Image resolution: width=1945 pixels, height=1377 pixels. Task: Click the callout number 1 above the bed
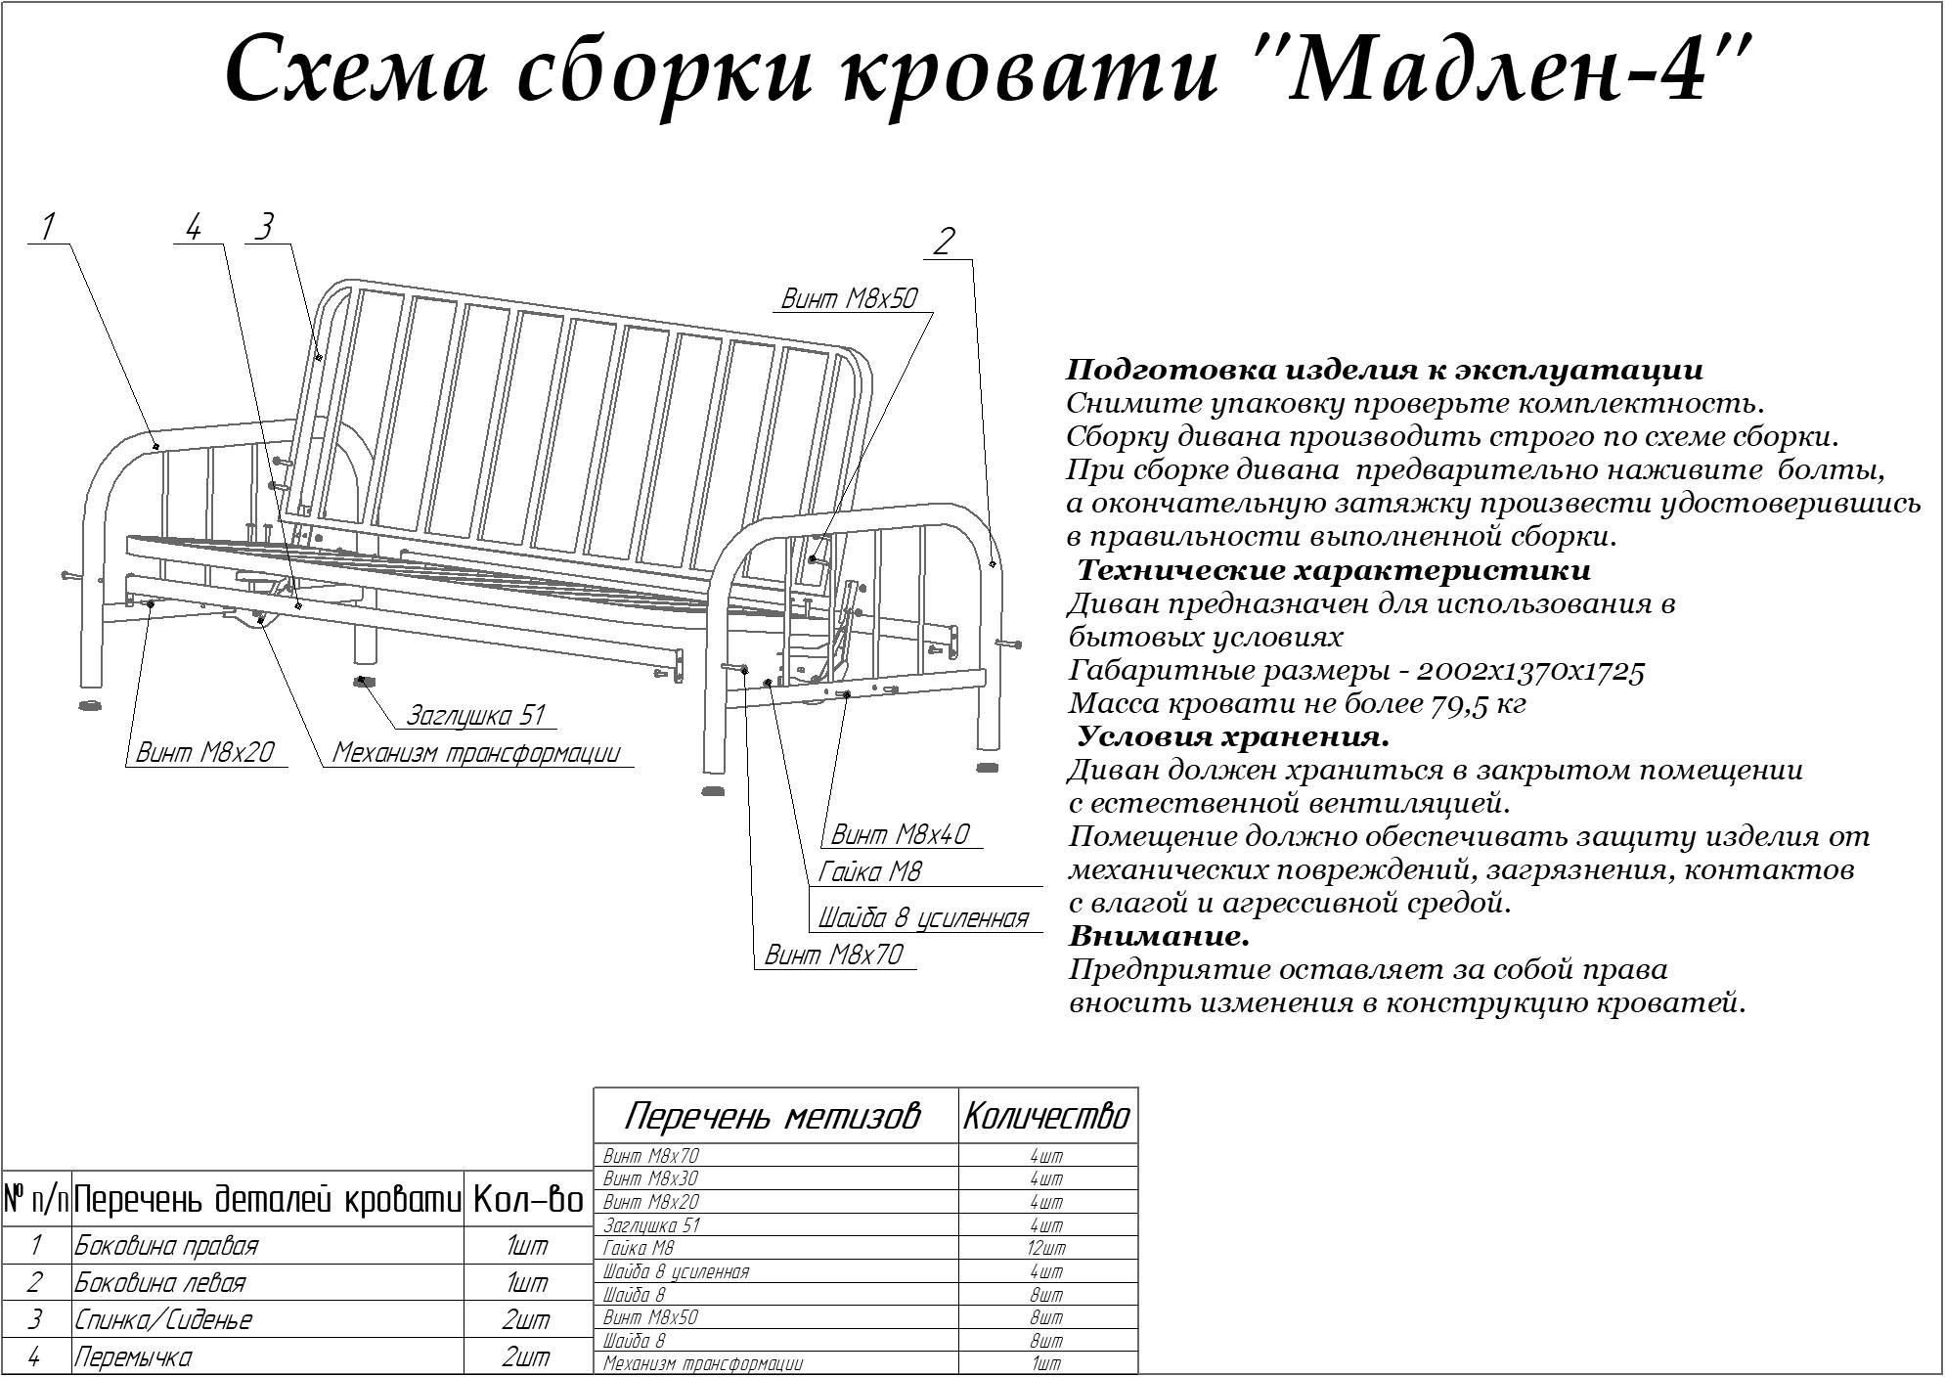[x=47, y=228]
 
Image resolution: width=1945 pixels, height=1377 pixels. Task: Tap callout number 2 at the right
[x=943, y=242]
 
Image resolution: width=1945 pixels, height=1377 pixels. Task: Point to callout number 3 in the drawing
[x=263, y=228]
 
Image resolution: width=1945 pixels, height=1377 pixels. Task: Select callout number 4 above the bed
[x=193, y=229]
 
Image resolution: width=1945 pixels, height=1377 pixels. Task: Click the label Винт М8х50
[x=849, y=298]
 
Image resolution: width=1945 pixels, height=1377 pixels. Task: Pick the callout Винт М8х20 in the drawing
[x=204, y=752]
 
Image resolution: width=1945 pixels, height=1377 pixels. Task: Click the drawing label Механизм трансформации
[x=476, y=753]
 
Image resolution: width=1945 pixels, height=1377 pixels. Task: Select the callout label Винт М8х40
[x=900, y=834]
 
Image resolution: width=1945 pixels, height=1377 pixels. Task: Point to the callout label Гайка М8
[x=870, y=871]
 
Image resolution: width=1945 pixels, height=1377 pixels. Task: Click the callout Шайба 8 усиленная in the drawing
[x=923, y=917]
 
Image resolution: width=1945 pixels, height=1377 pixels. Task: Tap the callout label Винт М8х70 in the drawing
[x=833, y=955]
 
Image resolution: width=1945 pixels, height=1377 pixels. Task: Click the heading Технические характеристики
[x=1334, y=570]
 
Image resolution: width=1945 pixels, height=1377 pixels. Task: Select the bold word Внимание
[x=1160, y=936]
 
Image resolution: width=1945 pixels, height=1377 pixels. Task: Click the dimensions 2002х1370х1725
[x=1530, y=671]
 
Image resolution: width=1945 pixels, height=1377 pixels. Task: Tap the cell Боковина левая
[x=160, y=1282]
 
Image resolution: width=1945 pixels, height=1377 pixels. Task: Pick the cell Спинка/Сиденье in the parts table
[x=163, y=1319]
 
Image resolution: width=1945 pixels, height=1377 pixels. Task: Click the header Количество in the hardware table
[x=1046, y=1116]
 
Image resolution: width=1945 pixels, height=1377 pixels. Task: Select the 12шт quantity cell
[x=1046, y=1248]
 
